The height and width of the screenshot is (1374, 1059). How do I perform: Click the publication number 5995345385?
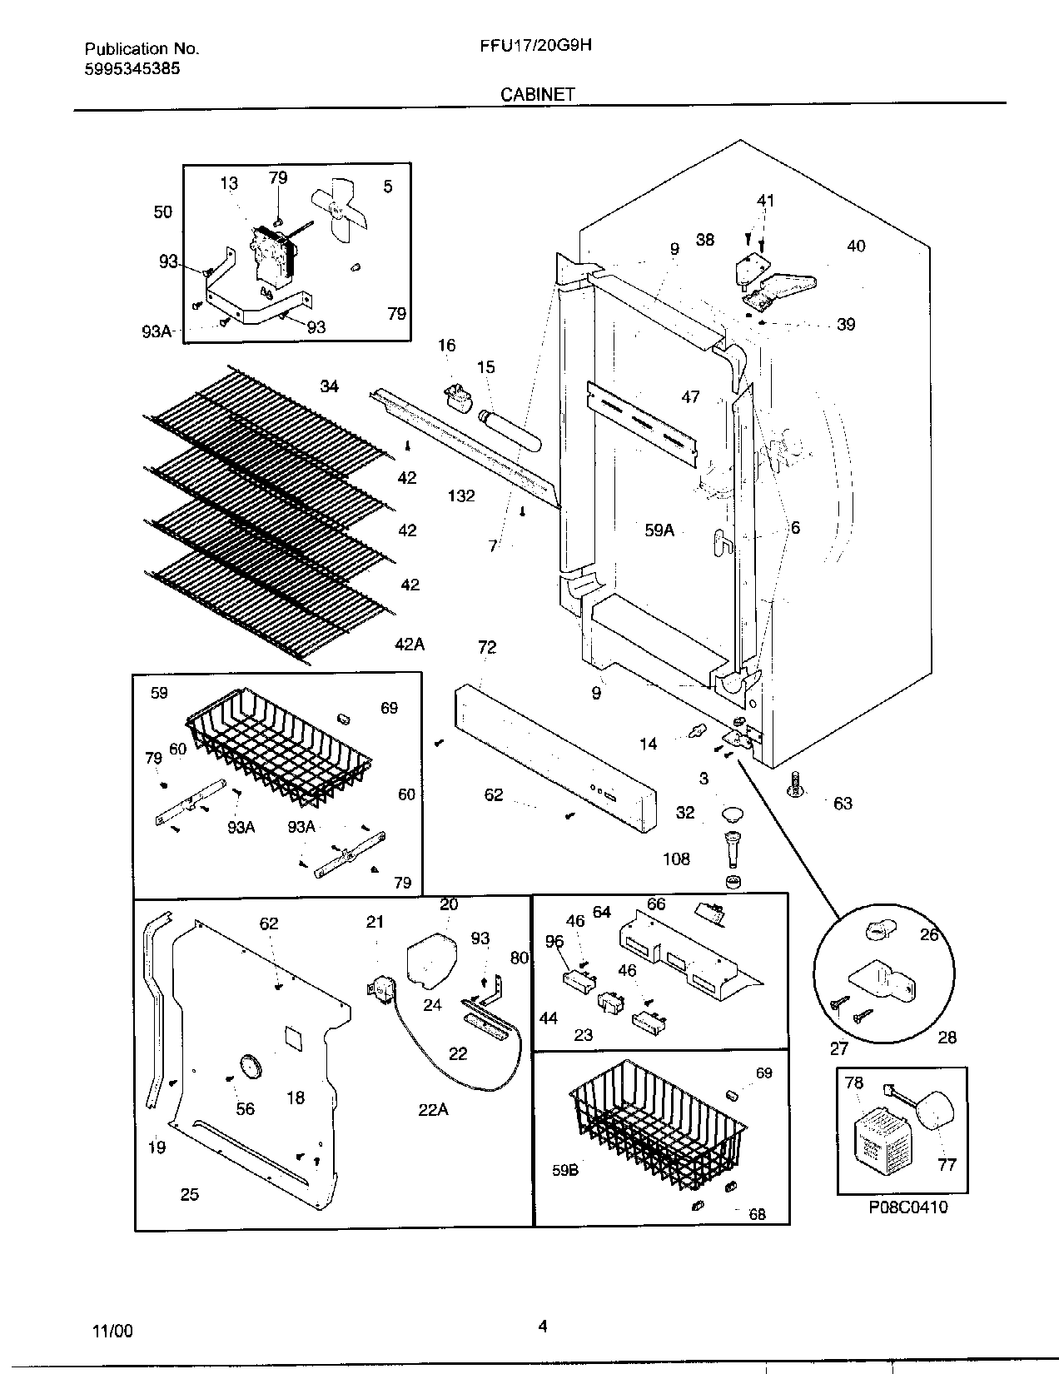click(132, 69)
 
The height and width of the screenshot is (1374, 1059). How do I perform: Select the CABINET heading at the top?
click(537, 94)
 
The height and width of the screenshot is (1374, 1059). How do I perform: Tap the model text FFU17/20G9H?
click(530, 47)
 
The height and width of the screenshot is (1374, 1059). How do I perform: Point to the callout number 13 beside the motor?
click(229, 183)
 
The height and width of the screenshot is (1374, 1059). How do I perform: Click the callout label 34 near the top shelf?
click(330, 386)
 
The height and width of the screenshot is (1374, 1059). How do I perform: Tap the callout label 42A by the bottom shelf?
click(409, 644)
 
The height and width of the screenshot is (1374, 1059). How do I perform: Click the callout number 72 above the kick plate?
click(487, 647)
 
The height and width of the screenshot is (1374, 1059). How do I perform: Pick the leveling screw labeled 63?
click(796, 784)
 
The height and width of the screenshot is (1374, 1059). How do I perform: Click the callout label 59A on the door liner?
click(659, 530)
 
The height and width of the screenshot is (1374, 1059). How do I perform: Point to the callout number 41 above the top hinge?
click(765, 201)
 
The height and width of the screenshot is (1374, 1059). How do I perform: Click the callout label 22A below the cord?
click(433, 1109)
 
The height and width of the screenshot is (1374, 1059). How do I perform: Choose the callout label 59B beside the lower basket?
click(565, 1169)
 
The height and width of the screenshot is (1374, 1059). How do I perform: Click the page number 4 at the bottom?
click(542, 1327)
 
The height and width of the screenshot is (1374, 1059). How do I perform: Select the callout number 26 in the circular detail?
click(929, 935)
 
